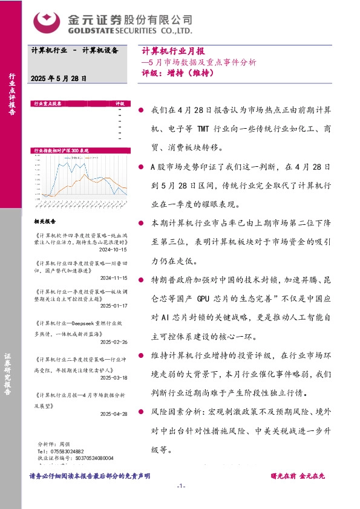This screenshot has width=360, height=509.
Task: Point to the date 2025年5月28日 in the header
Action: pyautogui.click(x=59, y=79)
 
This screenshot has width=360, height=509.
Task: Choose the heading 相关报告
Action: pyautogui.click(x=45, y=221)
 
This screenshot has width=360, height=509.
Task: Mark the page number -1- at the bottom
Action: pyautogui.click(x=180, y=487)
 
